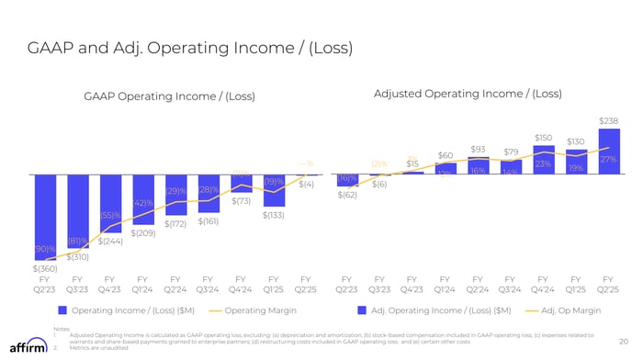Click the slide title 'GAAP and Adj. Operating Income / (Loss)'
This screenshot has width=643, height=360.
coord(189,47)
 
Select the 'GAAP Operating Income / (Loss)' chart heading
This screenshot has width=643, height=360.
coord(169,97)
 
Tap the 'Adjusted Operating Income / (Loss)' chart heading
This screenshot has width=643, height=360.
coord(468,95)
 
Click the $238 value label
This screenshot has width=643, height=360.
coord(608,120)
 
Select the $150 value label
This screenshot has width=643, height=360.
coord(543,137)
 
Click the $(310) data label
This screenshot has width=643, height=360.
coord(78,257)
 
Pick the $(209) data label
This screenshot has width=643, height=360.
coord(143,233)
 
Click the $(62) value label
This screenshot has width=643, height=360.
coord(347,195)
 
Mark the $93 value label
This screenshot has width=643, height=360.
coord(478,149)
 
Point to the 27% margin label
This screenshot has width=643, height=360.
coord(607,160)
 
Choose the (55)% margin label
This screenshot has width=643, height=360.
coord(110,216)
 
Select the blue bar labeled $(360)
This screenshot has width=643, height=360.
coord(44,218)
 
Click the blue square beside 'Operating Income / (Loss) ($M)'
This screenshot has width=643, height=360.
coord(62,310)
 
